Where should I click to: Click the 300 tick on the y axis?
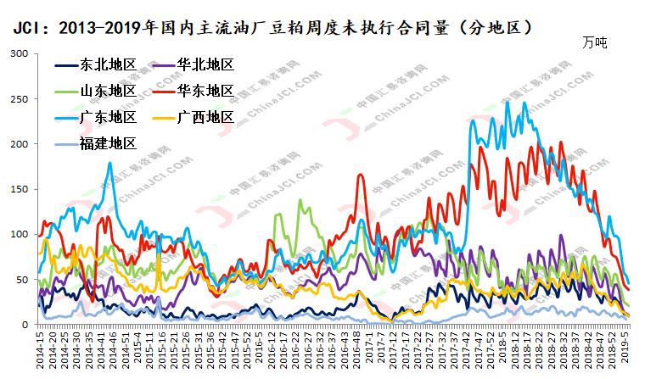[x=19, y=53]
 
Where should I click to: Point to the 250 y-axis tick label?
[x=19, y=98]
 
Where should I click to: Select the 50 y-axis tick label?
[x=22, y=279]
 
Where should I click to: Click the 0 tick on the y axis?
[x=25, y=324]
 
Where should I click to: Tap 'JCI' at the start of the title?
[x=26, y=28]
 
